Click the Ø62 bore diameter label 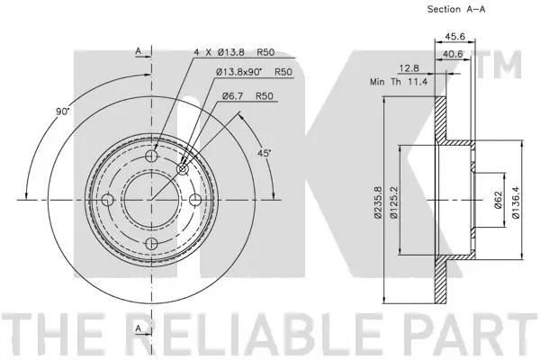pyautogui.click(x=498, y=199)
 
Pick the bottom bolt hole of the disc pyautogui.click(x=151, y=243)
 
